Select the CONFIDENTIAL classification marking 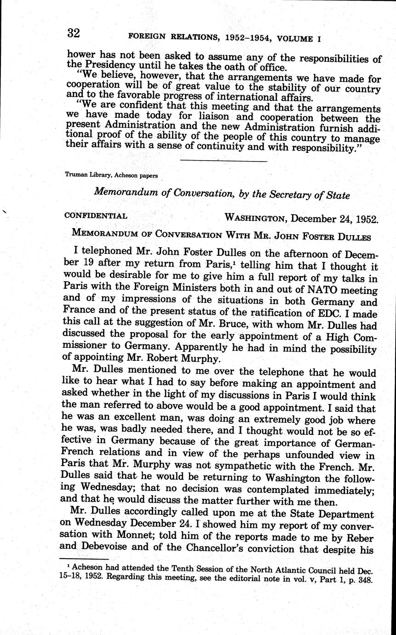(96, 215)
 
